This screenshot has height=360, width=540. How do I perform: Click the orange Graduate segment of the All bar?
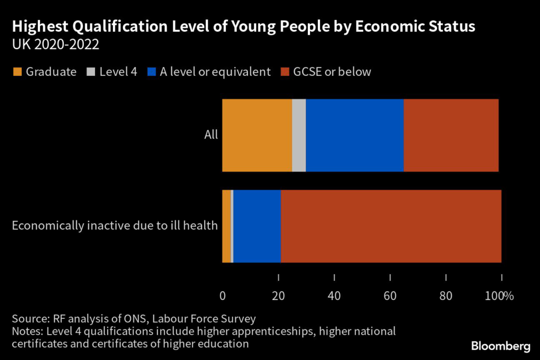pyautogui.click(x=257, y=135)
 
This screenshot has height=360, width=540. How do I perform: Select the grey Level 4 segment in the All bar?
pyautogui.click(x=299, y=135)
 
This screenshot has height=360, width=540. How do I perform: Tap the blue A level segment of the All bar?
pyautogui.click(x=354, y=135)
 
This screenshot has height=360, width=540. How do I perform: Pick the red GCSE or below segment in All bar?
pyautogui.click(x=451, y=135)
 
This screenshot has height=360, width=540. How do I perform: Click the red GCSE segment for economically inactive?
pyautogui.click(x=391, y=226)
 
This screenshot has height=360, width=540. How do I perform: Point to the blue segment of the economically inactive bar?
pyautogui.click(x=257, y=226)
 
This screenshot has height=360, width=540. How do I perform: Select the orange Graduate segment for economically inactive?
pyautogui.click(x=226, y=226)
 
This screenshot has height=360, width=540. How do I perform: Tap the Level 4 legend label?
pyautogui.click(x=119, y=72)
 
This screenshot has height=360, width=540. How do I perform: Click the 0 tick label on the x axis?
pyautogui.click(x=223, y=296)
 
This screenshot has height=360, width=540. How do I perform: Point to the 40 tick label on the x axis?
pyautogui.click(x=334, y=296)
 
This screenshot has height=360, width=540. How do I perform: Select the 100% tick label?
pyautogui.click(x=499, y=296)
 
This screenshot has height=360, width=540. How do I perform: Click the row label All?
pyautogui.click(x=211, y=135)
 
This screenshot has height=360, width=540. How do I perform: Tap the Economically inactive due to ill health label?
pyautogui.click(x=114, y=226)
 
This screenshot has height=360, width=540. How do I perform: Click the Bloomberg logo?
pyautogui.click(x=500, y=346)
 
